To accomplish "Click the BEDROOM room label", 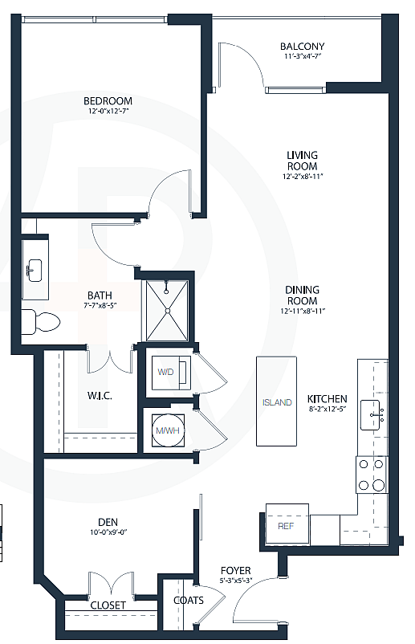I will pyautogui.click(x=108, y=101).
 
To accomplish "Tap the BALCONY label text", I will pyautogui.click(x=302, y=47).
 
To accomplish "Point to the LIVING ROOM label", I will pyautogui.click(x=303, y=160).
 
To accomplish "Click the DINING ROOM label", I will pyautogui.click(x=302, y=295).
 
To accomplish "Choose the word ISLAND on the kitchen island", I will pyautogui.click(x=277, y=402).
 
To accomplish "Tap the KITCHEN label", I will pyautogui.click(x=327, y=398).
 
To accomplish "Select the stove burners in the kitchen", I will pyautogui.click(x=370, y=474).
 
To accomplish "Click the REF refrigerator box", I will pyautogui.click(x=286, y=526).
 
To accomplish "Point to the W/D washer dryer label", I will pyautogui.click(x=166, y=372).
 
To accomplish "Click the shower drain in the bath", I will pyautogui.click(x=167, y=310).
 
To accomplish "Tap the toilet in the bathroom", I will pyautogui.click(x=40, y=322).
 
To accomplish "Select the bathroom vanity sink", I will pyautogui.click(x=35, y=270).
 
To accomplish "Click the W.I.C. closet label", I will pyautogui.click(x=99, y=396).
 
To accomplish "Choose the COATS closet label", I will pyautogui.click(x=189, y=600).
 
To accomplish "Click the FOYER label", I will pyautogui.click(x=236, y=571).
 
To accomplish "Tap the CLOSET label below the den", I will pyautogui.click(x=108, y=605).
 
